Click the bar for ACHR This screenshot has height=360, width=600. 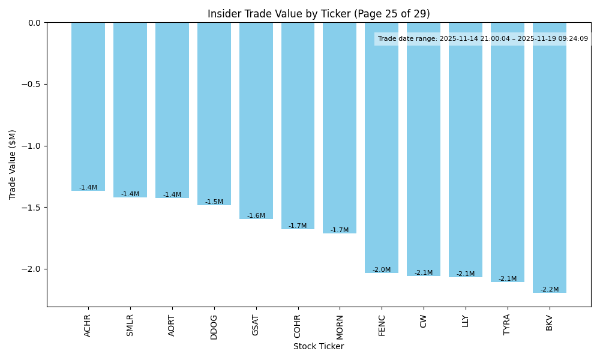[x=88, y=107]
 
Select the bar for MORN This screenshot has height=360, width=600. [x=340, y=128]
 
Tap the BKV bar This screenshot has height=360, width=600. [x=549, y=158]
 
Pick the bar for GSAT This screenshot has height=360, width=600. [x=256, y=121]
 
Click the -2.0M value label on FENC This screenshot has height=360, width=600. [x=382, y=270]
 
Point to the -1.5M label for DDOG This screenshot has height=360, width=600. [x=214, y=202]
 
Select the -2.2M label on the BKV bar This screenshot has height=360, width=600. [x=549, y=290]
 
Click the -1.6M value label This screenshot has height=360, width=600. [x=256, y=216]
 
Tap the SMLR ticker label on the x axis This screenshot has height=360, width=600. [x=130, y=325]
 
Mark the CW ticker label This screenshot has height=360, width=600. [x=424, y=320]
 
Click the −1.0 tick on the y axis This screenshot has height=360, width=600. [x=31, y=146]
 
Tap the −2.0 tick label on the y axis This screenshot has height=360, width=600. [x=31, y=269]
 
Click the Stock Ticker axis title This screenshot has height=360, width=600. [x=319, y=346]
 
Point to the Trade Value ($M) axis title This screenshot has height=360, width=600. [x=13, y=164]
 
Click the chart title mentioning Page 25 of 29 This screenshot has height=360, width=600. [x=319, y=14]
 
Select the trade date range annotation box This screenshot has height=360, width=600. [x=482, y=39]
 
